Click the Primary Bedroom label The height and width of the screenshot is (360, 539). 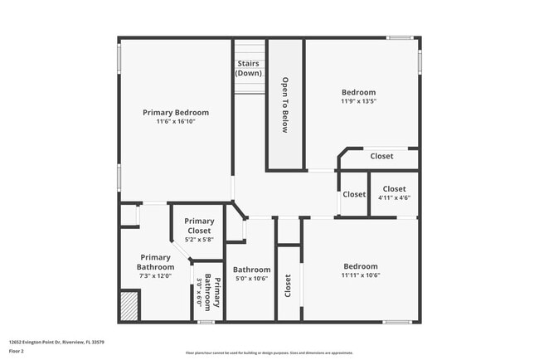coord(176,112)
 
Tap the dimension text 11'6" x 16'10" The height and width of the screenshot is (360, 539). coord(176,122)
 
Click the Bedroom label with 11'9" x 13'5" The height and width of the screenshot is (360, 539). coord(358,92)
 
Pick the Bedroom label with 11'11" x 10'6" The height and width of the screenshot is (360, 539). coord(361,266)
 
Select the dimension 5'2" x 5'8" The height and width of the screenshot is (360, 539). coord(199,240)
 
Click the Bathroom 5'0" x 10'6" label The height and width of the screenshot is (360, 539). coord(251,270)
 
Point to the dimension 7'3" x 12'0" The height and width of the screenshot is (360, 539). coord(155,276)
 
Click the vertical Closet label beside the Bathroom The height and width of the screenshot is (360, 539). coord(288,286)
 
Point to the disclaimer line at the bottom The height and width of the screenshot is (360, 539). coord(269,353)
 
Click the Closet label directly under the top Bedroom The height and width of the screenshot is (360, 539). coord(381,156)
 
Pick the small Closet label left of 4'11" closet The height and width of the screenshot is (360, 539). coord(354,194)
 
